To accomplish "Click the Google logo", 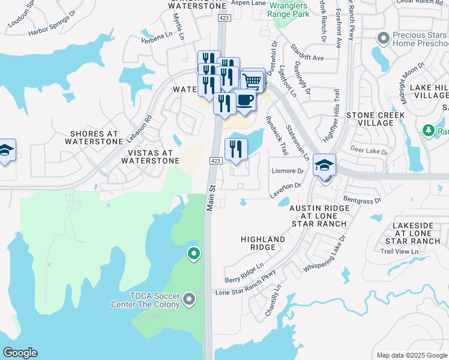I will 20,353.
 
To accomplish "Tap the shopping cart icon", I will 253,79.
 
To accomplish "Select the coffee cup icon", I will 244,100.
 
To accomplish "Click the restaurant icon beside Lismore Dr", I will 236,149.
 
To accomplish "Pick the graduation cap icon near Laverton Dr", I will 324,166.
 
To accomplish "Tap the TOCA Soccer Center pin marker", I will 190,298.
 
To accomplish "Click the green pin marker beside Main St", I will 193,254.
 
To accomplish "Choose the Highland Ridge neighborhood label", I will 263,244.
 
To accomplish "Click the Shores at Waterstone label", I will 97,137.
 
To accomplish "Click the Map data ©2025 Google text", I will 411,355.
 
